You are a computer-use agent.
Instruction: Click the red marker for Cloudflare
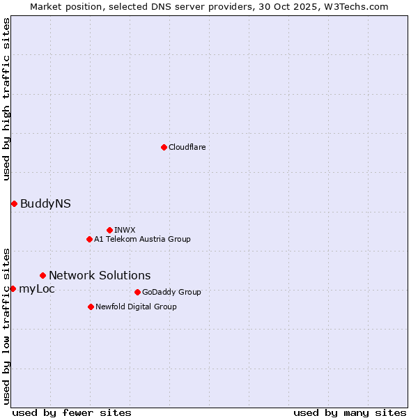coord(164,147)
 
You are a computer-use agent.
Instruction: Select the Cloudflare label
coord(187,147)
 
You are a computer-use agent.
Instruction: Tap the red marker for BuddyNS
coord(14,203)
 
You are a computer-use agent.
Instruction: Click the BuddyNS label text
coord(45,203)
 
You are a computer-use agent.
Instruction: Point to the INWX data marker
coord(109,230)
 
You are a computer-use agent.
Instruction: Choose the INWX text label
coord(125,230)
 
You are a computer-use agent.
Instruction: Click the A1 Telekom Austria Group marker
coord(89,239)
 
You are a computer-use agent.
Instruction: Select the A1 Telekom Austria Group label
coord(142,239)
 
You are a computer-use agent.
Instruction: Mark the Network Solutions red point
coord(42,275)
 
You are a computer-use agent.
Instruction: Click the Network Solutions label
coord(100,275)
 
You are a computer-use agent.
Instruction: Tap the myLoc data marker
coord(13,288)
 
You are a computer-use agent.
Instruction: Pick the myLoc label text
coord(37,288)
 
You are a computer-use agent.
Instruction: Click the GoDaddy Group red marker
coord(137,292)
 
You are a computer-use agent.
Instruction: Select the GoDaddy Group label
coord(171,292)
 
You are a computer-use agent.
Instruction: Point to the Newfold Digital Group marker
coord(91,307)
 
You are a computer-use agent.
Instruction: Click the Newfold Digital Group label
coord(136,307)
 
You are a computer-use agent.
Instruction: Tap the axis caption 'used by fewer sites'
coord(72,412)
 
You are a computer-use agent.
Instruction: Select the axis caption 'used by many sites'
coord(350,412)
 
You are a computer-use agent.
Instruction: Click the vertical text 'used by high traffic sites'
coord(6,99)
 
